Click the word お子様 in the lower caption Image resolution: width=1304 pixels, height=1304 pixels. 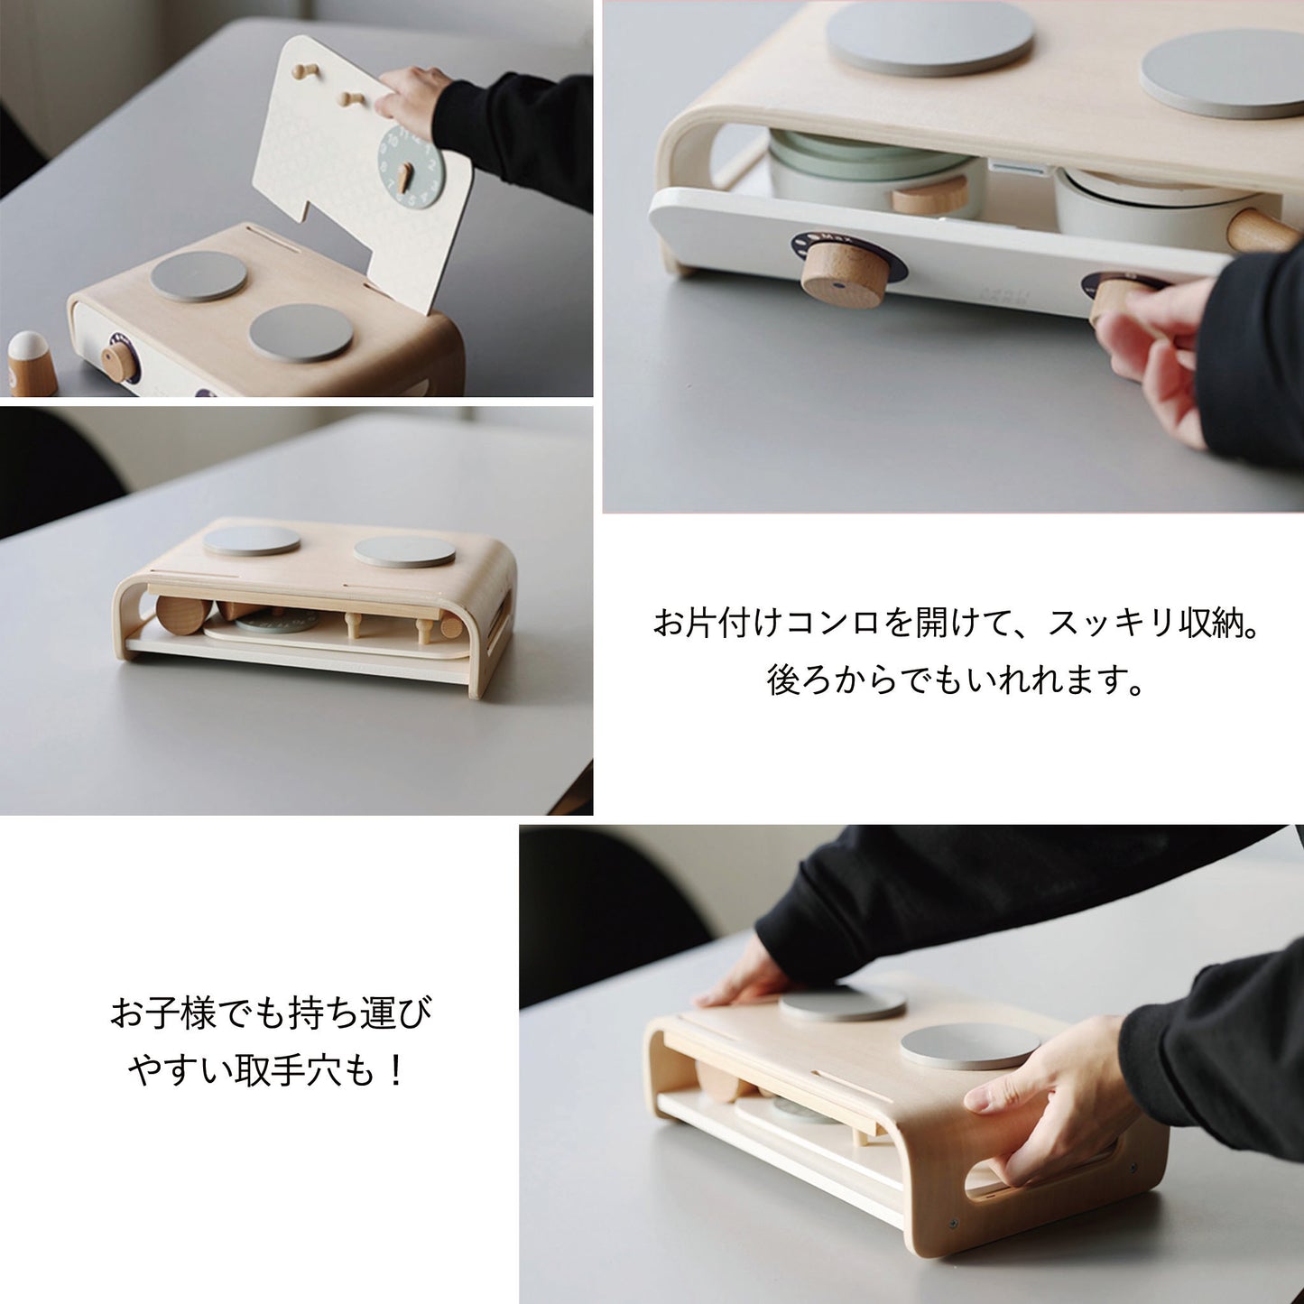[x=162, y=1013]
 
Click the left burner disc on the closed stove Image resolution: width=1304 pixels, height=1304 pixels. [x=251, y=541]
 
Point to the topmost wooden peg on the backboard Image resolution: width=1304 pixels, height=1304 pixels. [x=306, y=71]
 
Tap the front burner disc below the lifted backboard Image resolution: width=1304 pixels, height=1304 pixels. [x=301, y=333]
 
